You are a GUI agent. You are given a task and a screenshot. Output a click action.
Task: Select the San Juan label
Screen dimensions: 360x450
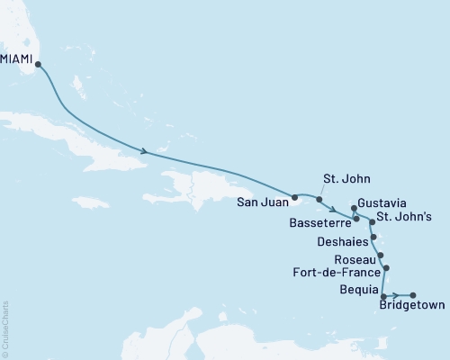coord(262,201)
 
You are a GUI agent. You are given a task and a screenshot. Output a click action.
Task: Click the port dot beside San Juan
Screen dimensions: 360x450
coord(294,195)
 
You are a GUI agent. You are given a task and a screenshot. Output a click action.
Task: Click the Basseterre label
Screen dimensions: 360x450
coord(321,220)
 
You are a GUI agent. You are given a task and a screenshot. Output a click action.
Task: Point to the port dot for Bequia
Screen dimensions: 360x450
coord(384,296)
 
